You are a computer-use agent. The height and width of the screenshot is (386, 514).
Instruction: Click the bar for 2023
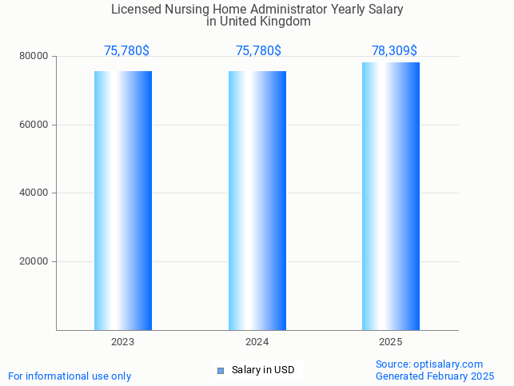click(x=123, y=200)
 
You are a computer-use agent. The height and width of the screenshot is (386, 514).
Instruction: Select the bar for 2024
click(x=257, y=200)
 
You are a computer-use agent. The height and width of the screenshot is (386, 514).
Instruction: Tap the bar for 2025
click(x=391, y=196)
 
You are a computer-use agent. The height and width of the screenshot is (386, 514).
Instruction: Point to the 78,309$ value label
click(x=394, y=51)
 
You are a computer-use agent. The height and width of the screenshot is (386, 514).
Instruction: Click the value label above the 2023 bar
click(x=126, y=51)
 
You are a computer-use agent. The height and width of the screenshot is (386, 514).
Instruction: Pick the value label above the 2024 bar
click(x=258, y=51)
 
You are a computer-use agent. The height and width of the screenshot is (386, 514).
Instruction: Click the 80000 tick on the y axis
click(x=35, y=57)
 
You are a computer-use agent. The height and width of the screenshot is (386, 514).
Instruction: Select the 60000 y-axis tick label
click(x=35, y=125)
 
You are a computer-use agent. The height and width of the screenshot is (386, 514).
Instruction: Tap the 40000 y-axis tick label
click(x=35, y=193)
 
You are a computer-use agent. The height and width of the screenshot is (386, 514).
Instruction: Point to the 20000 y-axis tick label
click(x=35, y=261)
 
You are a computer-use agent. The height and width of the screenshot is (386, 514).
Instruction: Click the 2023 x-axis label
click(x=123, y=341)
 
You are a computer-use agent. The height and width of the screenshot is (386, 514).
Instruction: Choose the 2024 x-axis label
click(x=257, y=341)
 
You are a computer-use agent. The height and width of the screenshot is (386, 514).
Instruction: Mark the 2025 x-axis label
click(x=391, y=341)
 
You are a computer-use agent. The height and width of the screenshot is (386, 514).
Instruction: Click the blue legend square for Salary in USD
click(x=221, y=370)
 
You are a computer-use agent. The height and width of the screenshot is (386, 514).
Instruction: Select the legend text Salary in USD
click(x=263, y=370)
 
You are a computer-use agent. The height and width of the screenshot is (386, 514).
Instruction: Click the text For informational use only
click(x=70, y=376)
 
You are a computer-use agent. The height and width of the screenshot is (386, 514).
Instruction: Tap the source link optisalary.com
click(x=448, y=364)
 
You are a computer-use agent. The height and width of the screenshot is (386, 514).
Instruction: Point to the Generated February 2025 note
click(x=435, y=376)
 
